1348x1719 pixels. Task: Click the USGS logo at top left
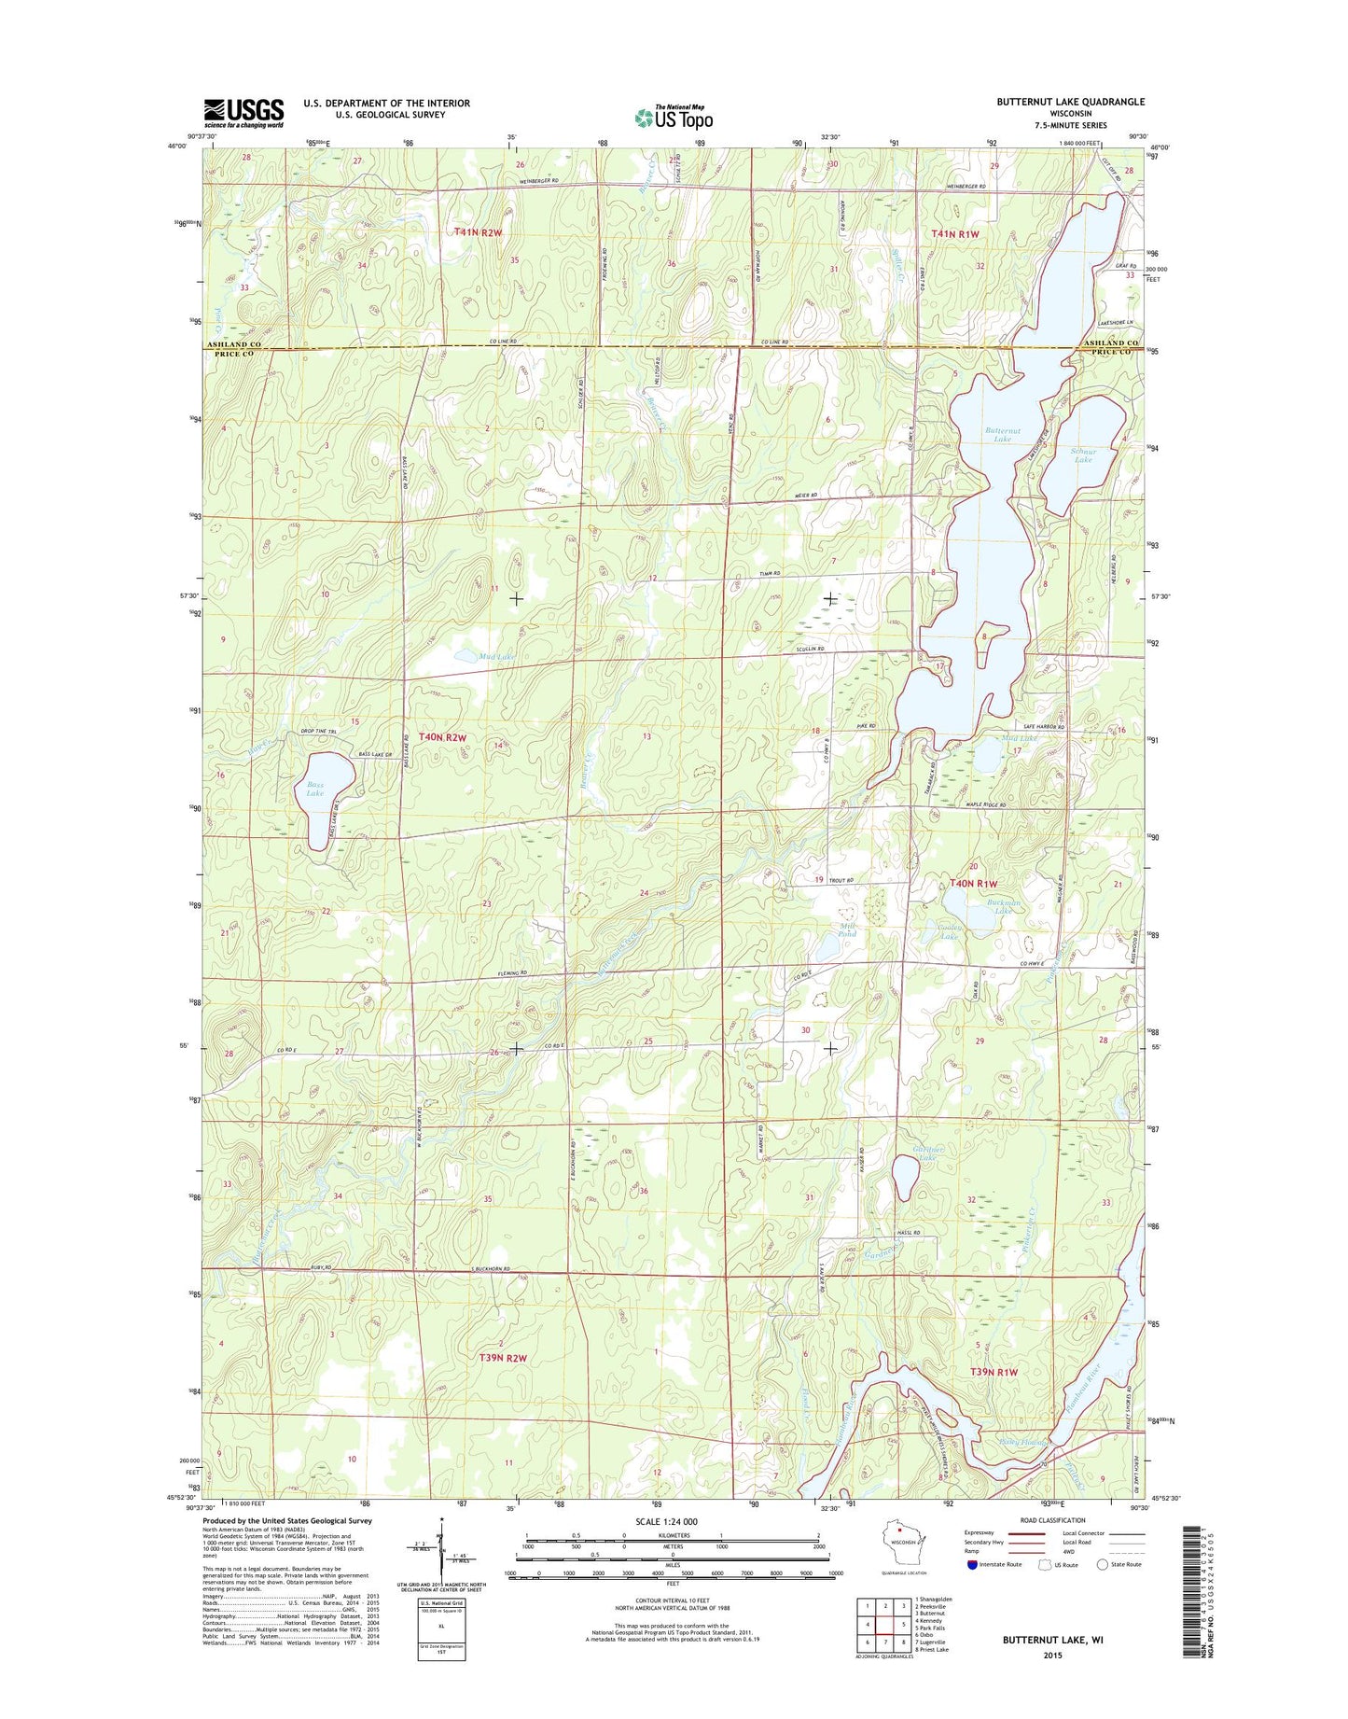click(243, 113)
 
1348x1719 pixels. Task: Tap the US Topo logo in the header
click(674, 118)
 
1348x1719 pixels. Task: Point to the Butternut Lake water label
click(1003, 434)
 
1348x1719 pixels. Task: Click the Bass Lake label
click(315, 789)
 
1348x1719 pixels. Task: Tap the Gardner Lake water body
click(904, 1178)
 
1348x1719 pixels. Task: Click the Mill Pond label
click(847, 929)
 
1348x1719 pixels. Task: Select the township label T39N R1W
click(994, 1372)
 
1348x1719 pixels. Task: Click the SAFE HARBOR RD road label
click(1038, 728)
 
